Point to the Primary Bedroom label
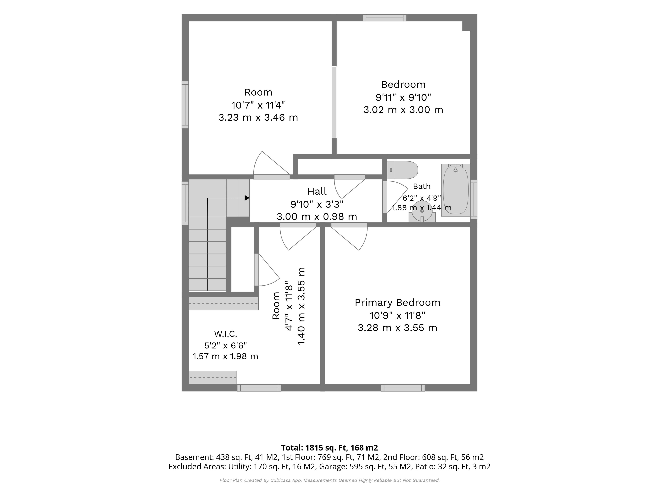[x=397, y=303]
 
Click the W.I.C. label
[x=226, y=334]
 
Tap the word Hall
[x=317, y=191]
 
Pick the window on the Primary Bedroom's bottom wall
[x=403, y=388]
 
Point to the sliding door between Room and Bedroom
[x=334, y=102]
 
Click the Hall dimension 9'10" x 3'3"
[x=317, y=204]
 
